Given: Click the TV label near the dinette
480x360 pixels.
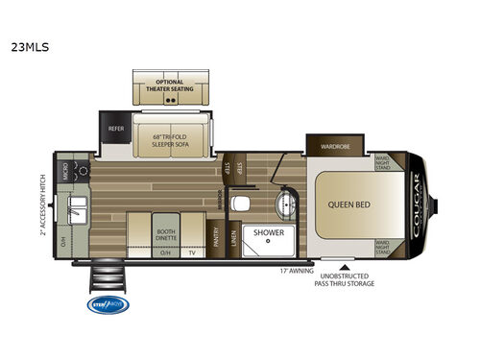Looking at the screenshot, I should tap(191, 252).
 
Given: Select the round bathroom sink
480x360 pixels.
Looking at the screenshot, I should tap(286, 204).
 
